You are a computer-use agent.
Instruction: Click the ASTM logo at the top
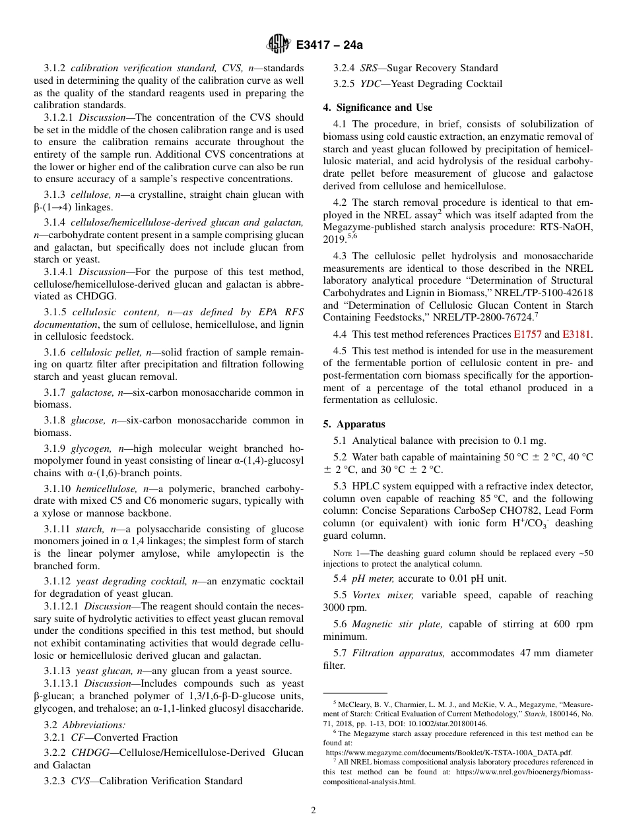278,44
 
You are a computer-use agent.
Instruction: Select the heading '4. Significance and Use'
378,108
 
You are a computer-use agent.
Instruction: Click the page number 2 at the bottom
313,811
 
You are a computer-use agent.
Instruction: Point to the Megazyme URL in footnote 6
449,752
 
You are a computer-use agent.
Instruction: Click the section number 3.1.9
55,449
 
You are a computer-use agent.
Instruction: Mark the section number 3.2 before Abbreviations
51,724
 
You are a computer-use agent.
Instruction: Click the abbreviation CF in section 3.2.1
78,737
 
